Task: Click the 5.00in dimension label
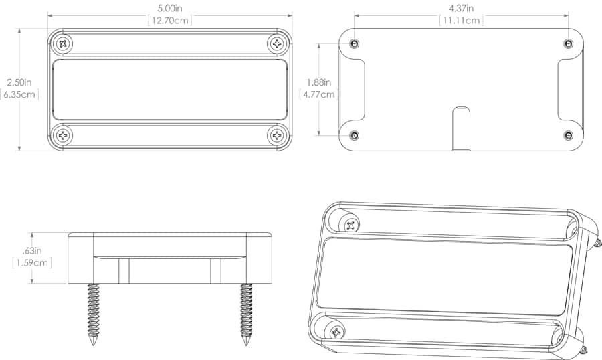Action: pos(170,8)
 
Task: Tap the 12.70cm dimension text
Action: pos(170,20)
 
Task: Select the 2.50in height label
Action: pos(19,82)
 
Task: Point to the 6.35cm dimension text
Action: pos(19,94)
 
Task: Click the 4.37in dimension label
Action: pos(461,8)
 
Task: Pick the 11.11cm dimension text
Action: pos(461,20)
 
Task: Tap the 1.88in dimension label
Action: pos(318,82)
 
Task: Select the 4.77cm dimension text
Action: pos(318,94)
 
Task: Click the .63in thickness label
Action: pos(32,251)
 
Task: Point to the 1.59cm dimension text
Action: pos(32,263)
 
